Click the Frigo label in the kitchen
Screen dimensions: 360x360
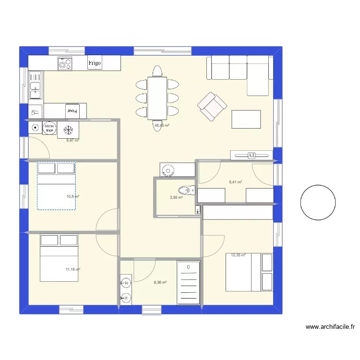(x=94, y=63)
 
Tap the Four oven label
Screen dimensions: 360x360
(x=72, y=111)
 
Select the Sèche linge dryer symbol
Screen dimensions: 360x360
(x=49, y=129)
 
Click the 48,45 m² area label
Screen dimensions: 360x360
(x=161, y=126)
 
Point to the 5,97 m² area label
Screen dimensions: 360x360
(x=72, y=141)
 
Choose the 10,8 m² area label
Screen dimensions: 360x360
(x=73, y=196)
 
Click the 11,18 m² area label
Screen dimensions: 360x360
(x=73, y=270)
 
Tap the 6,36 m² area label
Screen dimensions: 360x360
(x=160, y=283)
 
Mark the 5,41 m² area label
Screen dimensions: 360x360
(x=236, y=182)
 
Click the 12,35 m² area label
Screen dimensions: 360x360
(x=239, y=255)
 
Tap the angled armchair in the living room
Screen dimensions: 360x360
(x=212, y=106)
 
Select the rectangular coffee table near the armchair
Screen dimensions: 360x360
(x=246, y=119)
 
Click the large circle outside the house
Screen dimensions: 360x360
(x=318, y=203)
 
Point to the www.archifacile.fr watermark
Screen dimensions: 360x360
(x=330, y=327)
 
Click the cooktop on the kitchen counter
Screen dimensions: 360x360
(x=65, y=63)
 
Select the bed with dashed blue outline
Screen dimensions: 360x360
(x=57, y=186)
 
